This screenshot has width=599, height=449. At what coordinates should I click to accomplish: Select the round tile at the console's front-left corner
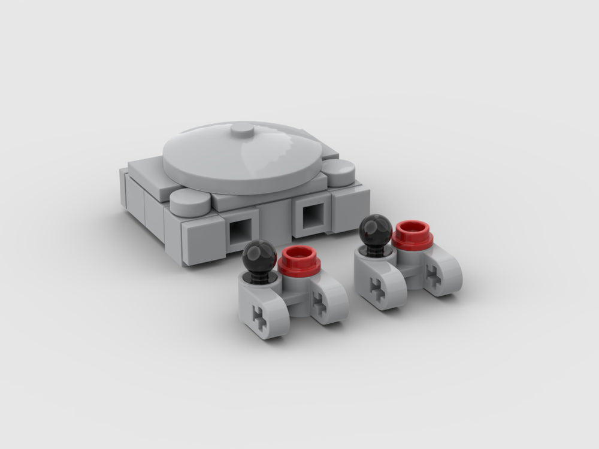click(x=190, y=204)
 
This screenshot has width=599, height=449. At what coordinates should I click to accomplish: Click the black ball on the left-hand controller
click(x=259, y=256)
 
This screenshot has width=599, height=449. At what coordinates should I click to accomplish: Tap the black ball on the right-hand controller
click(x=376, y=230)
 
